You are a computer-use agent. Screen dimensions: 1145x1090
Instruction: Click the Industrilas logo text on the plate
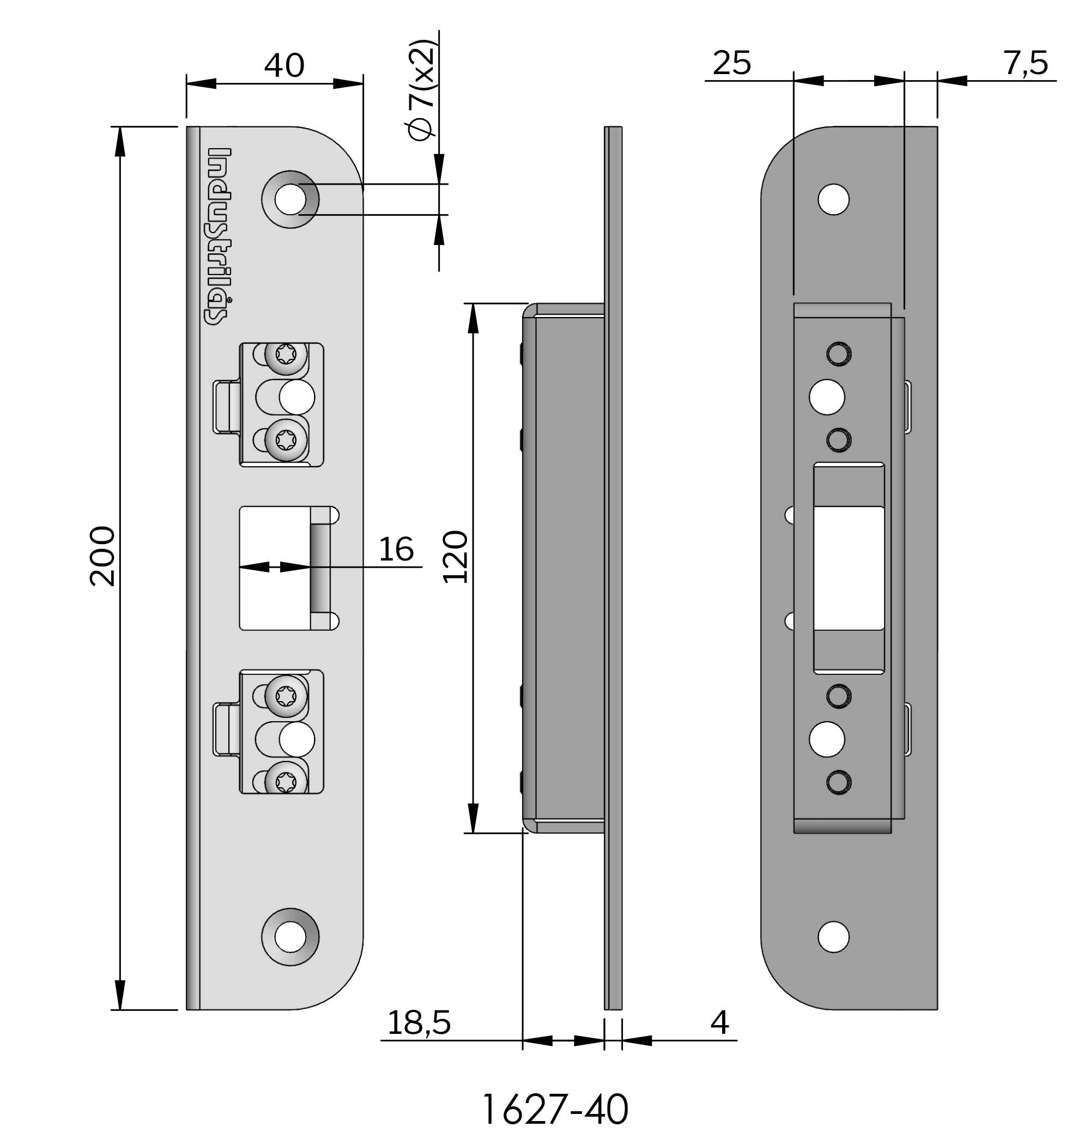[x=220, y=236]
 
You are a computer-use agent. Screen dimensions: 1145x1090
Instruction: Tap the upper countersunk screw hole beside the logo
[x=290, y=199]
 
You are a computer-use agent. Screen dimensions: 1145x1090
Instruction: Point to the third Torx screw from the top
[x=287, y=694]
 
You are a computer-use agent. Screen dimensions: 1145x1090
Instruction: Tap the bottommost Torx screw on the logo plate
[x=287, y=781]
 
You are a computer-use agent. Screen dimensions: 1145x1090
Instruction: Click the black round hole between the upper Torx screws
[x=297, y=398]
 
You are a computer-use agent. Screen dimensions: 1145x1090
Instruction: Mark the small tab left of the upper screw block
[x=227, y=406]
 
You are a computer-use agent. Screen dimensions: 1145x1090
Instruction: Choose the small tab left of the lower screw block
[x=227, y=729]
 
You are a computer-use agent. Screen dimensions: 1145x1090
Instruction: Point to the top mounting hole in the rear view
[x=833, y=199]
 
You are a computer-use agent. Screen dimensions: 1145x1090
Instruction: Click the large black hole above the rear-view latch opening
[x=827, y=397]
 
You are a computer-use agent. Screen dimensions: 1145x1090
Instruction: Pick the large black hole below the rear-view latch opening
[x=827, y=739]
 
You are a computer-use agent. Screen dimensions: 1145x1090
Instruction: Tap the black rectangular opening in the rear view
[x=849, y=568]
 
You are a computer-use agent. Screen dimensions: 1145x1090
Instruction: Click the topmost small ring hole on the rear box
[x=839, y=354]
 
